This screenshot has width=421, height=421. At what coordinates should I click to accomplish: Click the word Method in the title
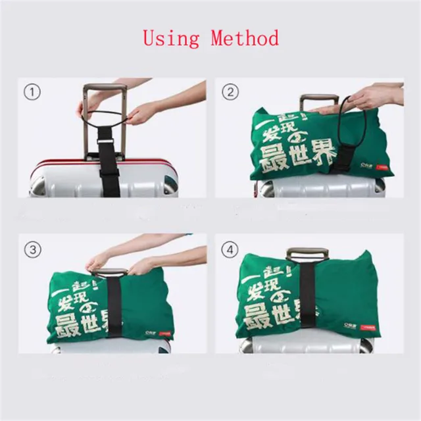click(x=245, y=37)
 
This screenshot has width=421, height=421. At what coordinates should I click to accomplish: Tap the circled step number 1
click(x=32, y=91)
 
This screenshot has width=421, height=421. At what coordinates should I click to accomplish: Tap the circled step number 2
click(x=230, y=91)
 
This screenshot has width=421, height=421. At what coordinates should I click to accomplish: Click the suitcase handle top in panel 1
click(x=105, y=87)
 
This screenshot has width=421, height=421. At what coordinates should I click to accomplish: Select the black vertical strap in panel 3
click(x=115, y=303)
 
